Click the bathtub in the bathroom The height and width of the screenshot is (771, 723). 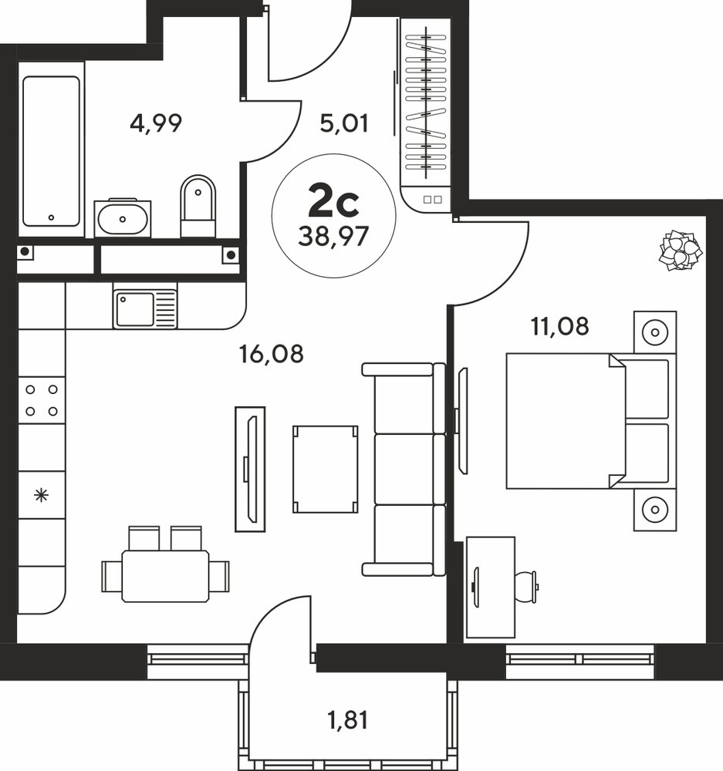point(51,151)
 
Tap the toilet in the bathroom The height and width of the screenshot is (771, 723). point(198,207)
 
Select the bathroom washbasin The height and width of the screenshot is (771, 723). point(122,219)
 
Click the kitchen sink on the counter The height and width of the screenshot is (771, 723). point(145,309)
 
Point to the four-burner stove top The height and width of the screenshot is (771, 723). point(42,400)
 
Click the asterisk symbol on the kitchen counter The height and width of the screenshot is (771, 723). point(42,495)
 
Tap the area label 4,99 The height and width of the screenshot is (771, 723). point(156,123)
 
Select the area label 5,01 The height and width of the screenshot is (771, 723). point(344,123)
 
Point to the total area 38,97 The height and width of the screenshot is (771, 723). point(333,237)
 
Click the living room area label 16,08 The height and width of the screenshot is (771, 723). point(271,354)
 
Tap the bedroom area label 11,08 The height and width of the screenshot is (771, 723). point(559,326)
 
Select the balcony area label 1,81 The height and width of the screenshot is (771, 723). point(348,720)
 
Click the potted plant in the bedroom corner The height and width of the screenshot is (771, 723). point(681,251)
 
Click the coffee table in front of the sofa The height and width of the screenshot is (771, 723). point(326,470)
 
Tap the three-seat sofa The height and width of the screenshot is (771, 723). point(404,470)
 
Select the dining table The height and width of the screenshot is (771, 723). point(165,576)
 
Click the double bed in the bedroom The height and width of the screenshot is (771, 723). point(591,421)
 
